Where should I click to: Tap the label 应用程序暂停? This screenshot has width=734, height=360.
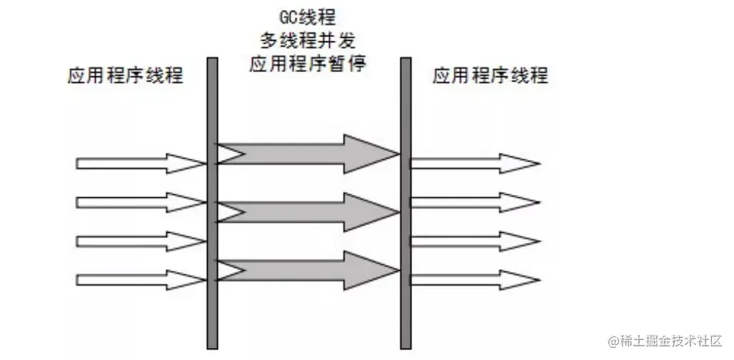308,64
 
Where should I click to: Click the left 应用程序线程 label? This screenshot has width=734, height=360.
125,75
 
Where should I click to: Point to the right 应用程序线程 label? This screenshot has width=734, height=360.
491,75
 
